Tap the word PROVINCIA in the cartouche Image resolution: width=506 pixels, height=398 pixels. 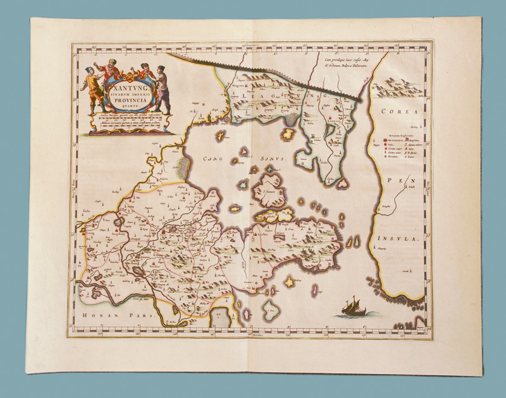125,97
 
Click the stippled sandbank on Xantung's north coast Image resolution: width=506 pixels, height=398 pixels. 184,168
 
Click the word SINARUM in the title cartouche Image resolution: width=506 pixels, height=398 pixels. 125,90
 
